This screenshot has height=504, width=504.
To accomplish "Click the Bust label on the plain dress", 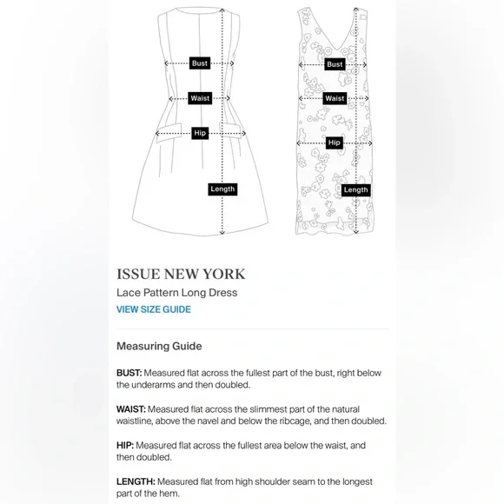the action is coord(200,63).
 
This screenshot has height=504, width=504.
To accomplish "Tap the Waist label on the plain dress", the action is coord(200,98).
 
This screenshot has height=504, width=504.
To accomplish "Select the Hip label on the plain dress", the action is coord(200,133).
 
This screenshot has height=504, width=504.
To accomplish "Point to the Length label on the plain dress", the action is coord(222,189).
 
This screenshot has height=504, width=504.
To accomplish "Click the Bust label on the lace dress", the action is coord(335,64).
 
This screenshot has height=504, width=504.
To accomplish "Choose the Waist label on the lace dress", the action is coord(335,98).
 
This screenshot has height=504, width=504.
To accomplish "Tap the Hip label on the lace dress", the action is coord(335,143).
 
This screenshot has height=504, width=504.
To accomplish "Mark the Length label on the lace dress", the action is coord(355,190).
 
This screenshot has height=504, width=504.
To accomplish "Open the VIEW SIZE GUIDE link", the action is coord(154,309).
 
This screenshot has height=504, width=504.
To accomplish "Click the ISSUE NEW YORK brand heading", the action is coord(181,275).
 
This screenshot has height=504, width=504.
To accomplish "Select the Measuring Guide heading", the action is coord(159,346).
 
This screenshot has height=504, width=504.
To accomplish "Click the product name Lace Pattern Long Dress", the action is coord(176,293).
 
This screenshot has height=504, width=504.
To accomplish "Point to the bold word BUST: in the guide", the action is coord(129,373).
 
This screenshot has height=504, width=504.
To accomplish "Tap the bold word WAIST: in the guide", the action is coord(131,409).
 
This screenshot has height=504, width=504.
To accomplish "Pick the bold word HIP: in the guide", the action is coord(125,446).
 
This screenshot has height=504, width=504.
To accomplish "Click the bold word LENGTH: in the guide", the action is coord(136,481).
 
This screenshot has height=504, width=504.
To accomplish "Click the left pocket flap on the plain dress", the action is coord(169,132).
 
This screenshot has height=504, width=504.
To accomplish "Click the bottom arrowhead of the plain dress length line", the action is coord(222,232).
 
